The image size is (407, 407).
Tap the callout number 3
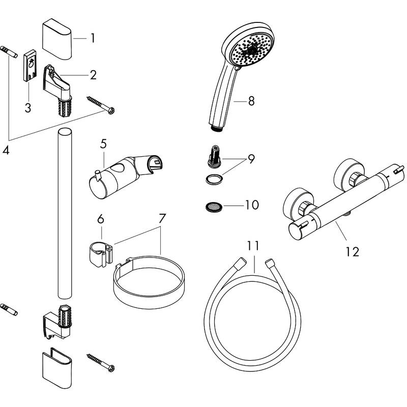(x=27, y=107)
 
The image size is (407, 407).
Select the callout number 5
(x=103, y=144)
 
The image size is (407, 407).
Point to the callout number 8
(x=251, y=101)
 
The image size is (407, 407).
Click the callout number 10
(x=252, y=205)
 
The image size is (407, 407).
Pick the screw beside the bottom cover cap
(x=101, y=361)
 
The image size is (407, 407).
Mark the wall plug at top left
(x=10, y=52)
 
